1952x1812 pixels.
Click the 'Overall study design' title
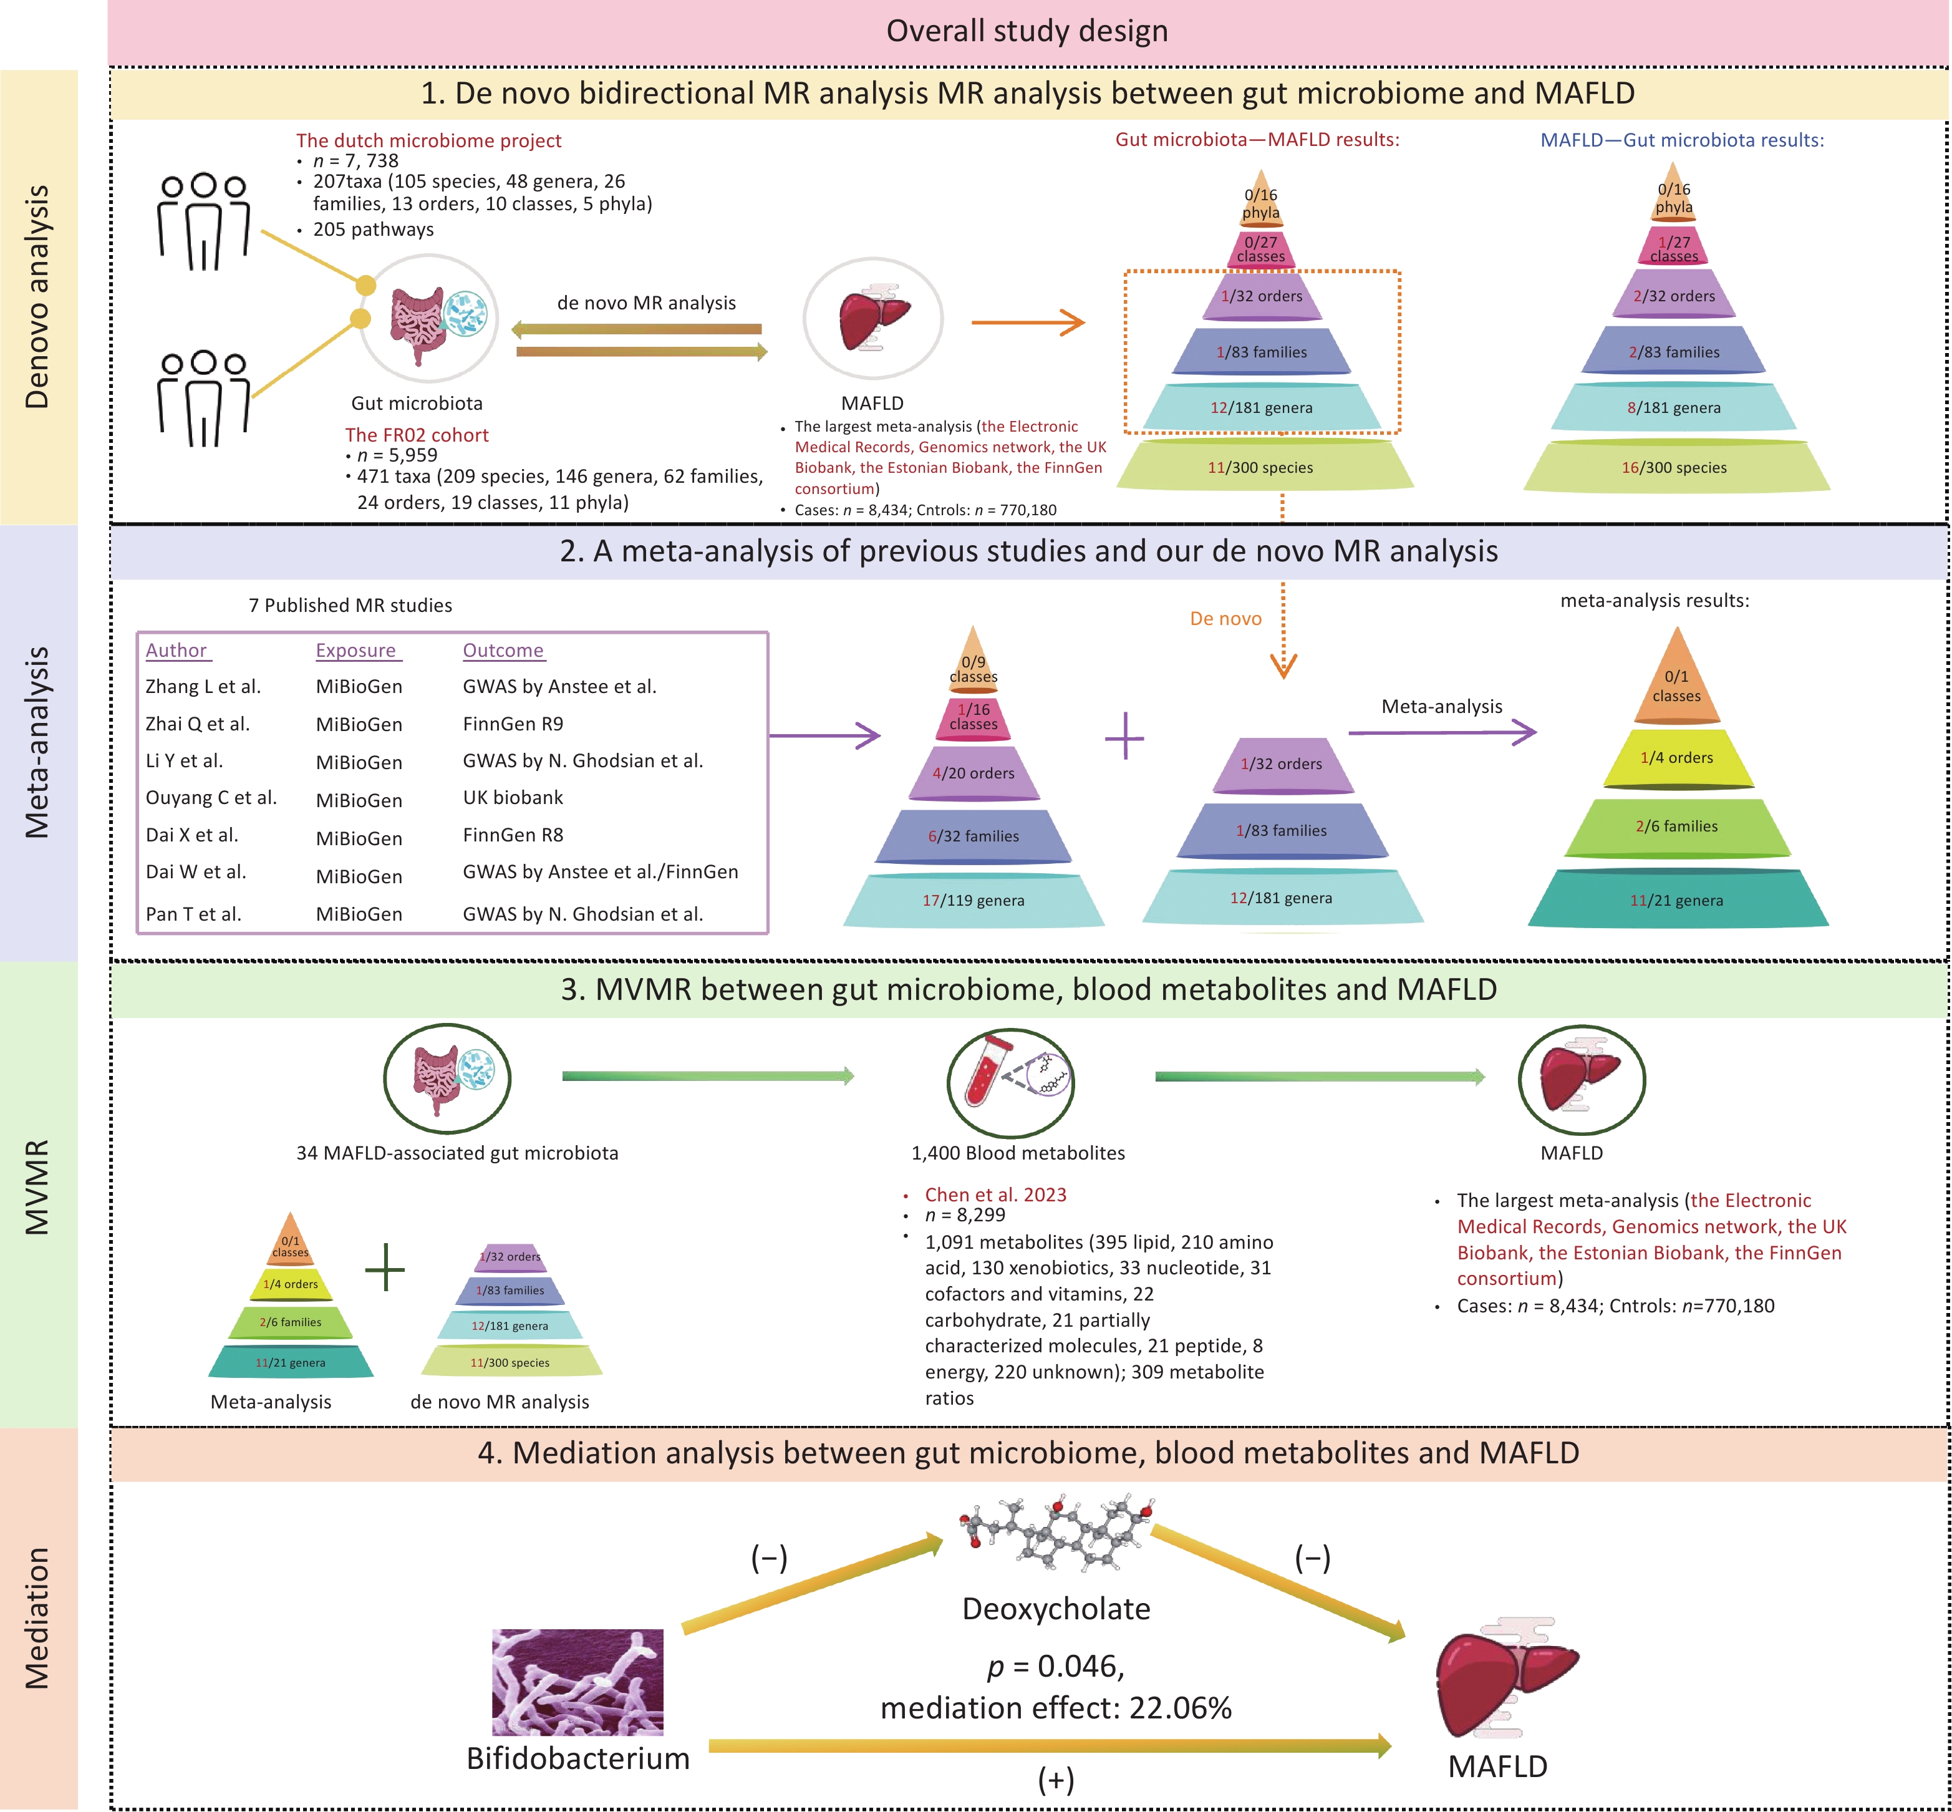[1027, 31]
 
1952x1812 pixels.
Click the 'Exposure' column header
[356, 651]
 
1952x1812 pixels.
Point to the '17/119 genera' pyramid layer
[974, 900]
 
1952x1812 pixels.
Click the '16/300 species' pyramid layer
[1674, 468]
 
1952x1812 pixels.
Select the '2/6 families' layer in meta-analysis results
[1676, 826]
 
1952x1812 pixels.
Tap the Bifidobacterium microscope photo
[577, 1683]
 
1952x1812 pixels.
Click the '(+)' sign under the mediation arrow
[1056, 1780]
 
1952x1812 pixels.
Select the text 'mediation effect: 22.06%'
[1056, 1708]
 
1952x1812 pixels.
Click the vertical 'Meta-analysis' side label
[37, 742]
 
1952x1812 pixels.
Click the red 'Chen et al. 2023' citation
[995, 1194]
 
